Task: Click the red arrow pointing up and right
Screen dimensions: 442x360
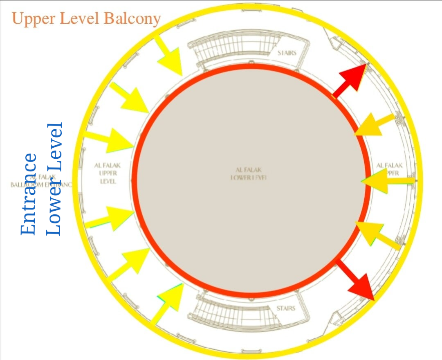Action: pos(352,79)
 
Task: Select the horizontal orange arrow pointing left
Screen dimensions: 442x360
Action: pos(386,183)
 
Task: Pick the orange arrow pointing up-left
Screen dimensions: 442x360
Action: pos(376,235)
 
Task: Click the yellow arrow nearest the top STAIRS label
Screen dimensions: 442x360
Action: pos(168,56)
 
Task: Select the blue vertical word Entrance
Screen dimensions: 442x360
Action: pos(29,194)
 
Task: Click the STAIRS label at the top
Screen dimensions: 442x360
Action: pos(286,53)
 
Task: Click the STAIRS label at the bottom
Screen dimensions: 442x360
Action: pos(286,308)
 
